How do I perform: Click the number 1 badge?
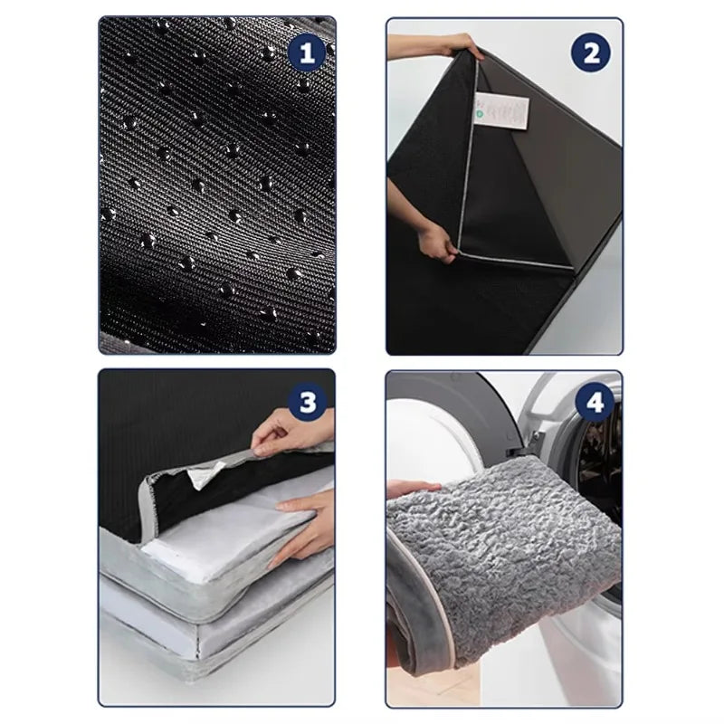[x=307, y=52]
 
